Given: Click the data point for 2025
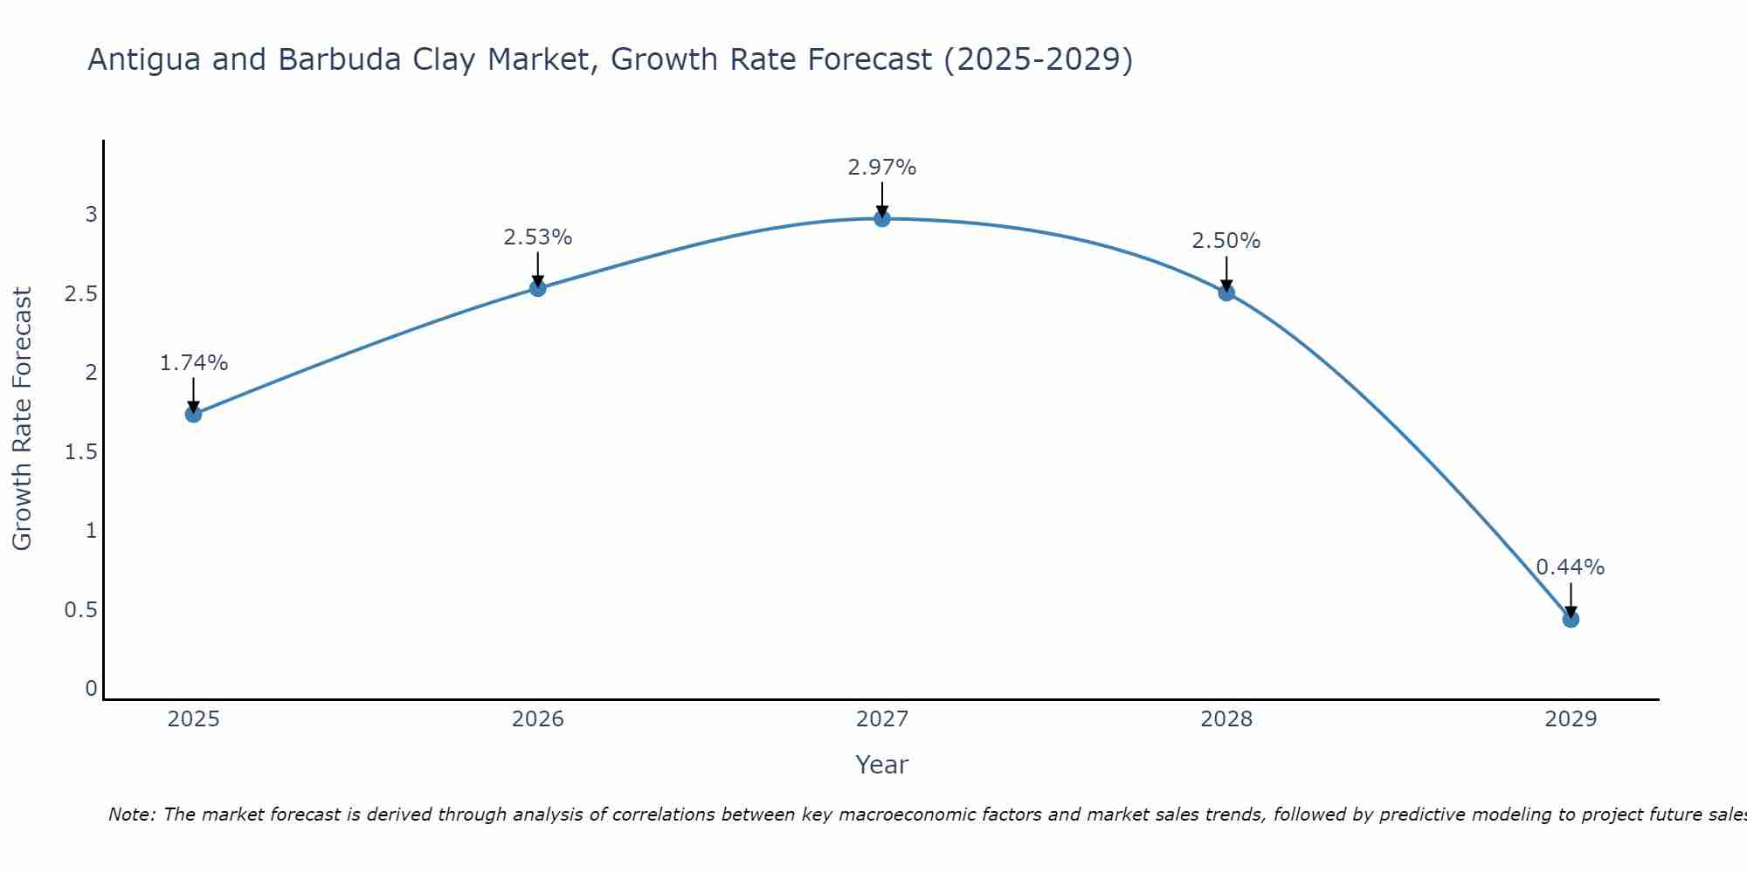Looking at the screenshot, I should click(194, 414).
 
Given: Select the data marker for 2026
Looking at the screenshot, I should click(538, 288).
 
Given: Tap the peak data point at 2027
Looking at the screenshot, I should click(882, 218).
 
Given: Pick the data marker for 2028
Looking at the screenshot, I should click(1226, 292).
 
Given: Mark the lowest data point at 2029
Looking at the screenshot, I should click(1571, 619).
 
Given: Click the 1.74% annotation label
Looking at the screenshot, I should click(194, 363).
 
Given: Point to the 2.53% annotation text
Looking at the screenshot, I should click(538, 237).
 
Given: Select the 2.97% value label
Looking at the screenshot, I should click(882, 168).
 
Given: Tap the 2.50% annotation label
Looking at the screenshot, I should click(1226, 241).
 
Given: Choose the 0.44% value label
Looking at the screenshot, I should click(1571, 567).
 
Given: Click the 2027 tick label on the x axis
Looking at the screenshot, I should click(882, 719).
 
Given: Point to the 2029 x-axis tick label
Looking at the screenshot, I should click(1571, 719).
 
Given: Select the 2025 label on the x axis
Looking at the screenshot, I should click(194, 719).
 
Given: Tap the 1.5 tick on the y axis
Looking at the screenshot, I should click(80, 451).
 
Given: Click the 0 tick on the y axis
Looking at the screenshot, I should click(91, 689).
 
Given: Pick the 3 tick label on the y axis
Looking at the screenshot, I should click(91, 214).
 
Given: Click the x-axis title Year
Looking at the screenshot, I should click(882, 765).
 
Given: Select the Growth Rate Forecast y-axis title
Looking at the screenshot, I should click(22, 419).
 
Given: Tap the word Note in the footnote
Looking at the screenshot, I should click(131, 815).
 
